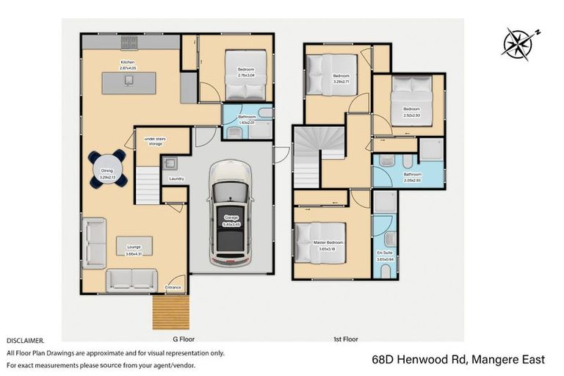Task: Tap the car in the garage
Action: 231,214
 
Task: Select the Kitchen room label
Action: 128,62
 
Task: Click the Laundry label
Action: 176,178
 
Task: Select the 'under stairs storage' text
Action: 153,141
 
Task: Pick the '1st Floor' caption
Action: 345,339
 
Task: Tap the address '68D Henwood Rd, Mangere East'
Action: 458,359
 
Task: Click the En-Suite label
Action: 385,253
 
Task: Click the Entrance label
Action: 173,287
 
